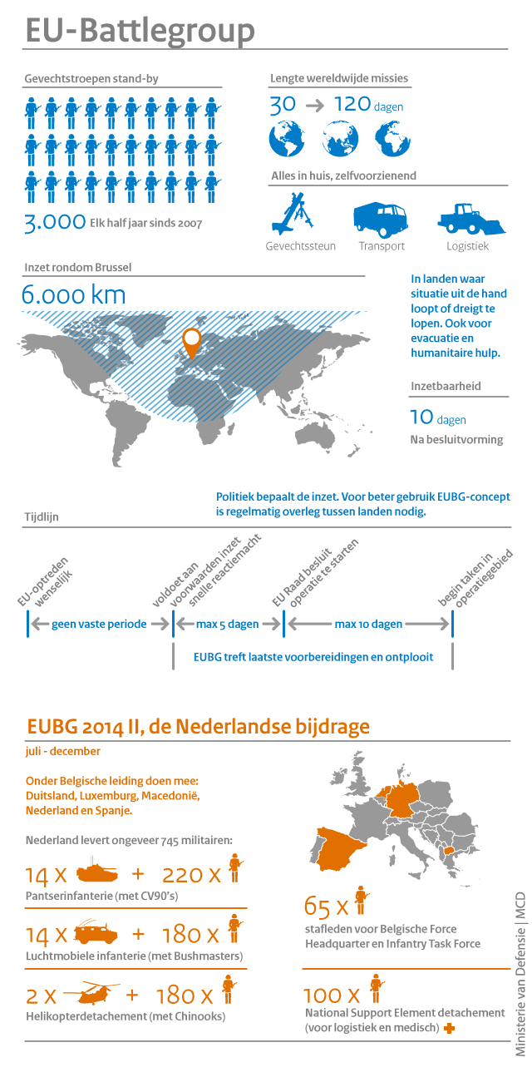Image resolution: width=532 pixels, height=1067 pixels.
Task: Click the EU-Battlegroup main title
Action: pyautogui.click(x=140, y=32)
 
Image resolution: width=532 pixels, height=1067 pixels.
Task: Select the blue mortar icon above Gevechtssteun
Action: pyautogui.click(x=292, y=214)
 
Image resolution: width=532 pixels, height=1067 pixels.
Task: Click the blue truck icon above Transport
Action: pyautogui.click(x=381, y=218)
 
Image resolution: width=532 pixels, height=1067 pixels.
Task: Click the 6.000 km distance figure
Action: pyautogui.click(x=74, y=295)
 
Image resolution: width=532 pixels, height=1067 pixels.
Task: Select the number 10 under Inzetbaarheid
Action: pyautogui.click(x=421, y=417)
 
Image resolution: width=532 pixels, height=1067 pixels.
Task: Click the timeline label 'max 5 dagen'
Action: pyautogui.click(x=228, y=624)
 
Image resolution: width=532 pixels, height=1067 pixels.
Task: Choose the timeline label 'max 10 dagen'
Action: pyautogui.click(x=368, y=624)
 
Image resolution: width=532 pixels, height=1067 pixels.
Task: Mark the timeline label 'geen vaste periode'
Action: pyautogui.click(x=99, y=624)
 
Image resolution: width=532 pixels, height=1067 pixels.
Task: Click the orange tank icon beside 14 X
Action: pyautogui.click(x=97, y=873)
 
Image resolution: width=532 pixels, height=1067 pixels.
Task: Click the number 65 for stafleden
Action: pyautogui.click(x=318, y=906)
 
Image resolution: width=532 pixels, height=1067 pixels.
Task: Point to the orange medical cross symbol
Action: pyautogui.click(x=450, y=1029)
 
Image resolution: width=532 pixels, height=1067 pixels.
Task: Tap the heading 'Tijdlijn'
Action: pyautogui.click(x=42, y=516)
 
